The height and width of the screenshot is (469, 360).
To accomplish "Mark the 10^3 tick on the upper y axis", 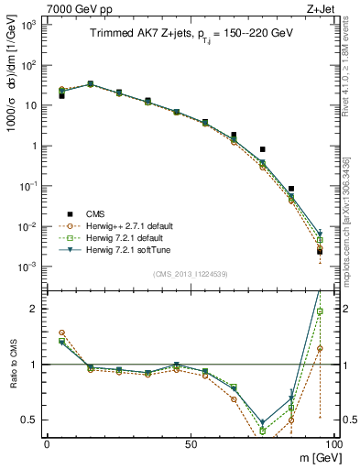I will [27, 25].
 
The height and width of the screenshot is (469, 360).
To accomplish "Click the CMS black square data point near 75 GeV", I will [262, 149].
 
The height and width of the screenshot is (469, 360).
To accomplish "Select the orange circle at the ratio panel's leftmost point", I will [61, 333].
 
